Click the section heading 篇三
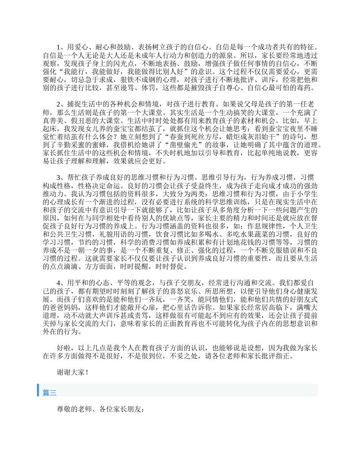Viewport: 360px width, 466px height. coord(50,393)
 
